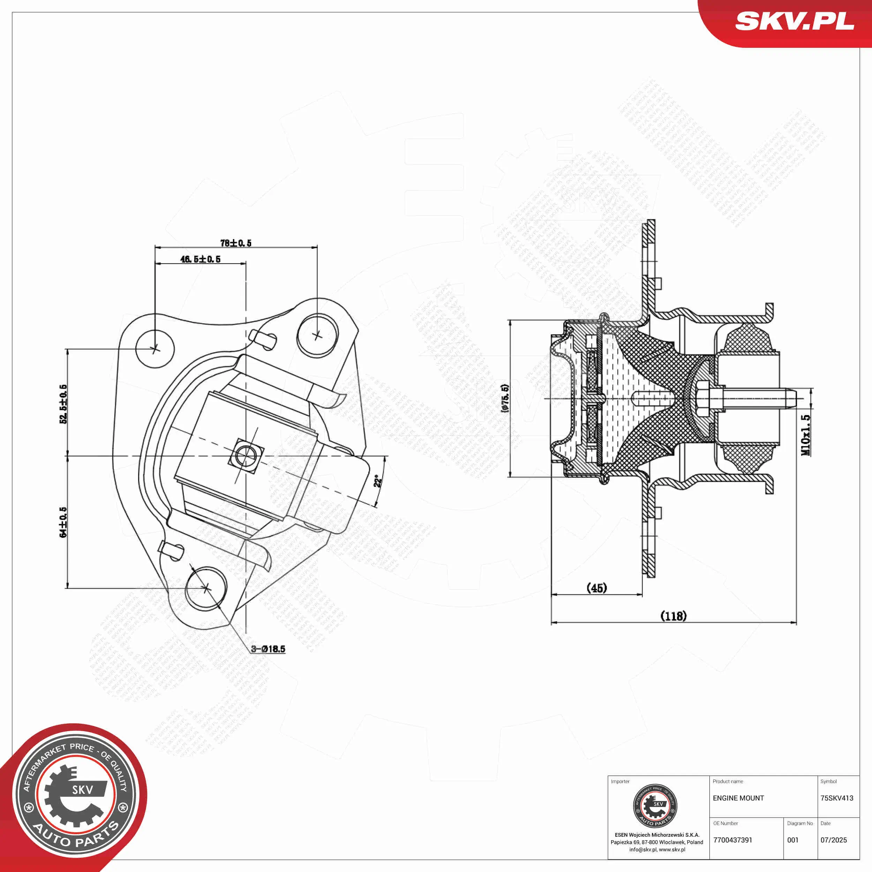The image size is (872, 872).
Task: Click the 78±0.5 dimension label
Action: [235, 243]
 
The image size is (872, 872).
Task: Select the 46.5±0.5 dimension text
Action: [201, 259]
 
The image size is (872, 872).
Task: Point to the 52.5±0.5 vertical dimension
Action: [63, 404]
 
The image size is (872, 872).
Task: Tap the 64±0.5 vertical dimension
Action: [63, 522]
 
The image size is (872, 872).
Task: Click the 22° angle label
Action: [378, 481]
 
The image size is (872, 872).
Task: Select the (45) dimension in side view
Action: [597, 588]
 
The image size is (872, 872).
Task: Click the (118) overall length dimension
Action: [674, 616]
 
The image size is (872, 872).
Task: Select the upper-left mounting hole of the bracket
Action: [155, 348]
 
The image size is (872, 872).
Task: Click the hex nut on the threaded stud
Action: [703, 399]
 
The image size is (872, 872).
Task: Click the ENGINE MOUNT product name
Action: [738, 798]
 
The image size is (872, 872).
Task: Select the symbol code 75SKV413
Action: [837, 798]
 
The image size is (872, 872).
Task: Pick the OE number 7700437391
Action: [733, 840]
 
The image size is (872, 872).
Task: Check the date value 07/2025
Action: [834, 840]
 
